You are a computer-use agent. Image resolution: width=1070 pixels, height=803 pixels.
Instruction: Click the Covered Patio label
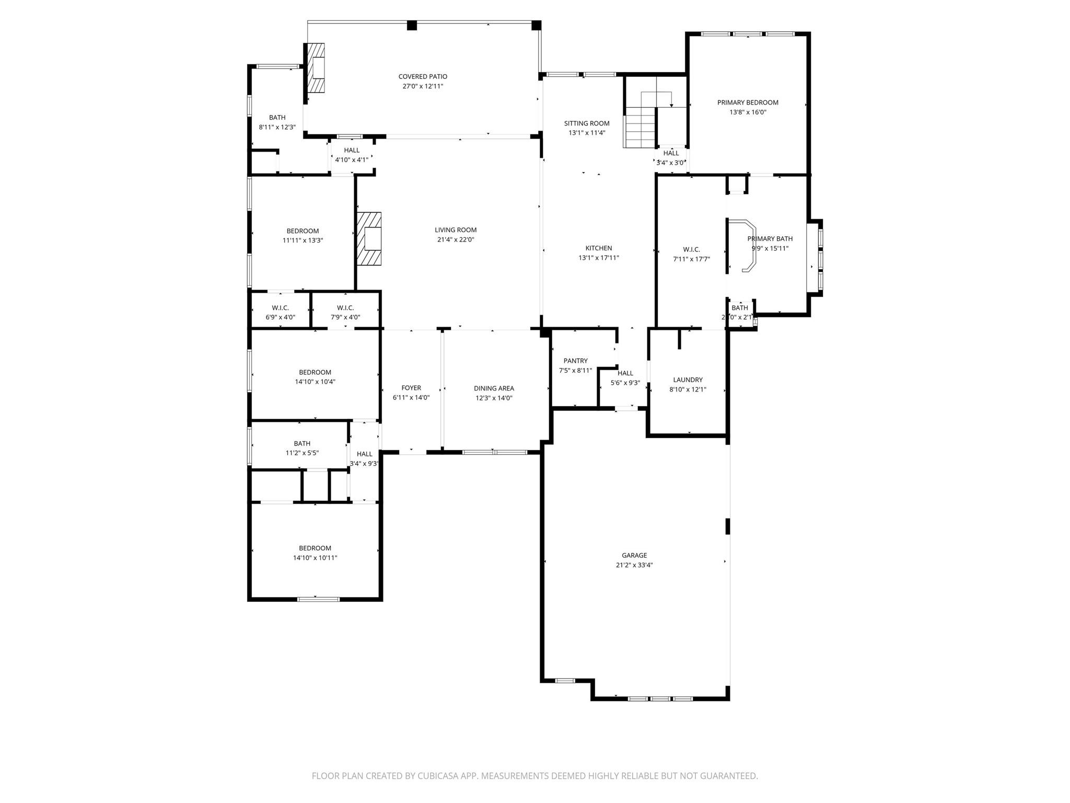coord(423,76)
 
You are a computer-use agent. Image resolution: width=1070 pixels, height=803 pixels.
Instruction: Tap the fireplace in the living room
coord(369,239)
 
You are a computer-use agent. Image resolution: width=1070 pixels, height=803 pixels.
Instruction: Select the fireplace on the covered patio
coord(316,68)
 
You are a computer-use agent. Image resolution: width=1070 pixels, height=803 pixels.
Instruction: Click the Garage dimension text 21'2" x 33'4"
coord(634,565)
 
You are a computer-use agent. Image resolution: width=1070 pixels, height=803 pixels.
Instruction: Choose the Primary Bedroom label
coord(748,102)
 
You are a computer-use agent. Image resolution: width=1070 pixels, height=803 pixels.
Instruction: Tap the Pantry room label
coord(575,361)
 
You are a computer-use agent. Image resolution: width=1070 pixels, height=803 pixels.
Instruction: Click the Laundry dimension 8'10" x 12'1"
coord(688,389)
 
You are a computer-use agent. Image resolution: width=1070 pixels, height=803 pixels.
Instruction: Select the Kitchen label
coord(599,248)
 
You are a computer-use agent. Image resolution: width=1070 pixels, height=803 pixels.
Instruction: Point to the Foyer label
coord(411,388)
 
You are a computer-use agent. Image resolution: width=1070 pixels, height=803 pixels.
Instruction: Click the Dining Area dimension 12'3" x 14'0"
coord(494,398)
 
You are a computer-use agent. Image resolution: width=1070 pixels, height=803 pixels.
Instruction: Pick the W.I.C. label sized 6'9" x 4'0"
coord(281,308)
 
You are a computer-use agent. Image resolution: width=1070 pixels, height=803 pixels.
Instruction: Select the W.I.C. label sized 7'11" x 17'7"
coord(691,249)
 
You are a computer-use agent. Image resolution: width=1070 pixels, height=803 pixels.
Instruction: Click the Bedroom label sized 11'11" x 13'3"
coord(303,231)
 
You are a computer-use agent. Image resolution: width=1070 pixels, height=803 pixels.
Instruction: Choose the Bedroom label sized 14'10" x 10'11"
coord(315,548)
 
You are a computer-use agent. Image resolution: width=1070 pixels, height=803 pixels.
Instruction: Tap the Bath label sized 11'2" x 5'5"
coord(302,443)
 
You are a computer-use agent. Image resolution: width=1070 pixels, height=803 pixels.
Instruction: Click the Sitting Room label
coord(587,123)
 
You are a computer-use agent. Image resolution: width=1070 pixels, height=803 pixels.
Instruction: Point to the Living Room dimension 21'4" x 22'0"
coord(456,239)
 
